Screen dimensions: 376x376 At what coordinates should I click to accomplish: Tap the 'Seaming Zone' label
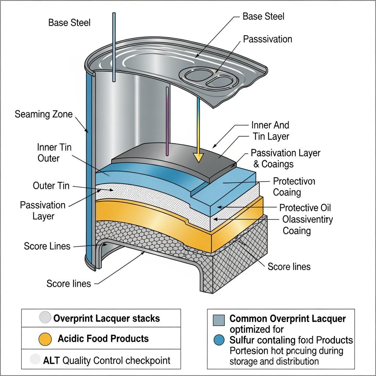[x=44, y=114]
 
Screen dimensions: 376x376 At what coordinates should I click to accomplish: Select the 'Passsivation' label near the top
[x=267, y=39]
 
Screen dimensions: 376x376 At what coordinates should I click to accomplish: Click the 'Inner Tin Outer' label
[x=54, y=153]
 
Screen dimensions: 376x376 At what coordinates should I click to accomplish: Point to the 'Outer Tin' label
[x=51, y=185]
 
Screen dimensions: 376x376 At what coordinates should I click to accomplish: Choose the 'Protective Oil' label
[x=305, y=208]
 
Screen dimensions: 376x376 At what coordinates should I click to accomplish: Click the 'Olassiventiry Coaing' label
[x=308, y=225]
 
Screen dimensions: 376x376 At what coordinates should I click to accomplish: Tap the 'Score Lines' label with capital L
[x=47, y=246]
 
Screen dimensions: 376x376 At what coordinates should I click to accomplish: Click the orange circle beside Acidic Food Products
[x=45, y=339]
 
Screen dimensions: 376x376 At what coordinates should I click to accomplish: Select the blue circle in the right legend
[x=219, y=340]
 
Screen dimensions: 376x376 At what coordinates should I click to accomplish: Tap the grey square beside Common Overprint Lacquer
[x=219, y=321]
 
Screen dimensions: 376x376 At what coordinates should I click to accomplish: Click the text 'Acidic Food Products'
[x=103, y=339]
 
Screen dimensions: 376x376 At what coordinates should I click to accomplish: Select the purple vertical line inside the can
[x=168, y=121]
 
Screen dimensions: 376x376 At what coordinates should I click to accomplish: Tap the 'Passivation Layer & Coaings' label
[x=285, y=158]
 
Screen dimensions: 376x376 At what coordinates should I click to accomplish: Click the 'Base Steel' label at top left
[x=69, y=23]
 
